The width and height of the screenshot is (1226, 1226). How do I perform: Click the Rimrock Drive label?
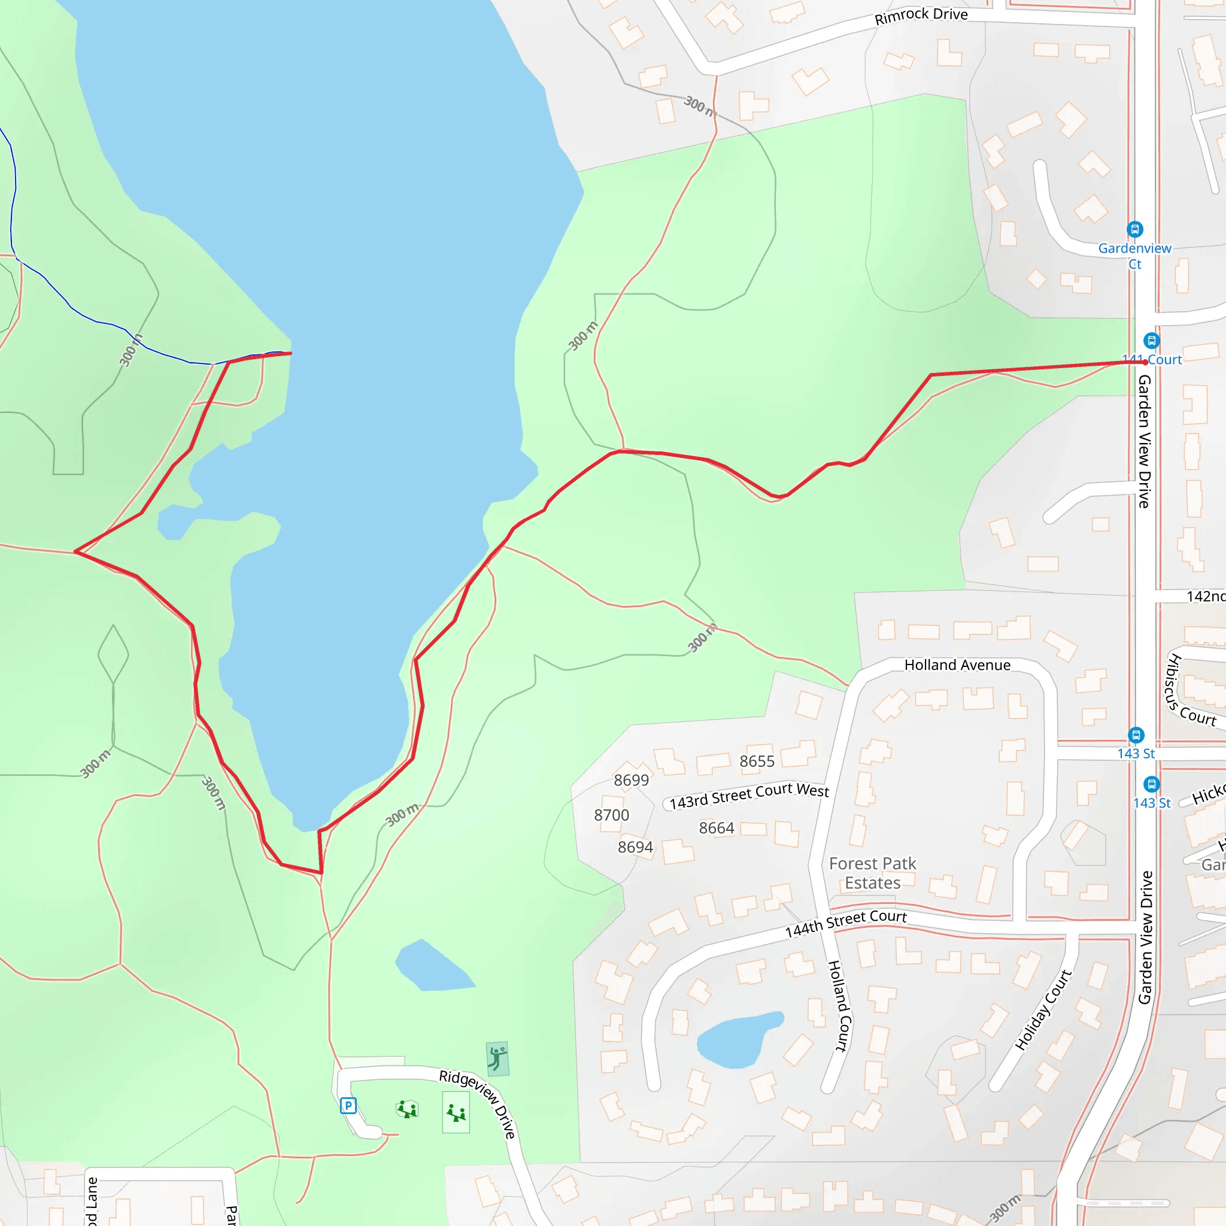tap(921, 16)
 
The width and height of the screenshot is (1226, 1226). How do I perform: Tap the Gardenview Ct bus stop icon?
tap(1134, 229)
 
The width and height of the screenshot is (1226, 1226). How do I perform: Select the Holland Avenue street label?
tap(957, 665)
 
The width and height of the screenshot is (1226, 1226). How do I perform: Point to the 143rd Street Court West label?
tap(749, 796)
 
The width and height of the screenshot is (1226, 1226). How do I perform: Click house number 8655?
tap(757, 761)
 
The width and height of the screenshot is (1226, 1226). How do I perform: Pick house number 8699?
tap(632, 780)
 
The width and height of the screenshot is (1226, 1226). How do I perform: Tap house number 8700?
tap(612, 815)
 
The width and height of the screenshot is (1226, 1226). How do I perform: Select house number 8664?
tap(717, 828)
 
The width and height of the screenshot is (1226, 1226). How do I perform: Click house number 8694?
tap(635, 847)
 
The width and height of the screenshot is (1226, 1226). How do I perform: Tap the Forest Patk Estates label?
tap(873, 873)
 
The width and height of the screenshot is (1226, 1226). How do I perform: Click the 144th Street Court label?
tap(845, 923)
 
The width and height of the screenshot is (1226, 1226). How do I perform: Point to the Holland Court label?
tap(838, 1005)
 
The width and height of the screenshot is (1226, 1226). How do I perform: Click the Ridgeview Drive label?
tap(478, 1103)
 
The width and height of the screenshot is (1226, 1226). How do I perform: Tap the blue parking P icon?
tap(348, 1106)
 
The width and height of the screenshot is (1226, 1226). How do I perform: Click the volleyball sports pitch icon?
tap(497, 1059)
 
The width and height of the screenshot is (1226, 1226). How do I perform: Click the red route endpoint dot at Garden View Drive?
tap(1145, 362)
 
